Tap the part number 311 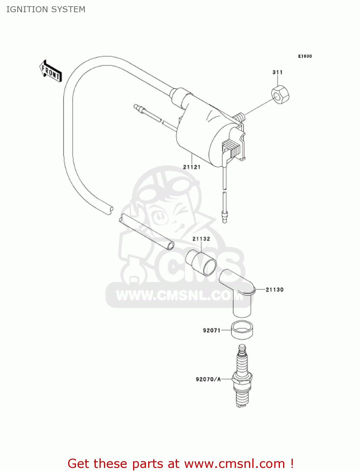pyautogui.click(x=277, y=72)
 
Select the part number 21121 pyautogui.click(x=192, y=167)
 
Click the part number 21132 pyautogui.click(x=201, y=239)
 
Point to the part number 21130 pyautogui.click(x=275, y=290)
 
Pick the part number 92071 pyautogui.click(x=212, y=330)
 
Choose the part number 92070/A pyautogui.click(x=208, y=379)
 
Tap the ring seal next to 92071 pyautogui.click(x=242, y=330)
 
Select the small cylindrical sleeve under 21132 pyautogui.click(x=201, y=263)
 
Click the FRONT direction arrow pyautogui.click(x=51, y=71)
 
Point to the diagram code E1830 pyautogui.click(x=305, y=56)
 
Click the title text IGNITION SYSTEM pyautogui.click(x=46, y=9)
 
